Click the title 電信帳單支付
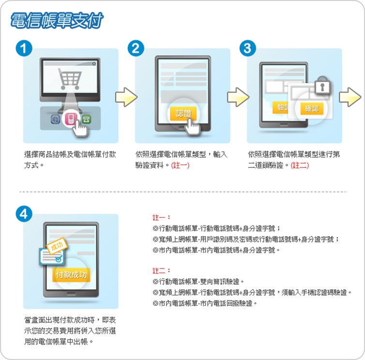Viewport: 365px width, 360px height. click(57, 20)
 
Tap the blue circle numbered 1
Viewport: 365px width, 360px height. click(24, 48)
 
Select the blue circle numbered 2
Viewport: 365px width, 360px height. click(136, 48)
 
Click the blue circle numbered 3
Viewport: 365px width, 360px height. click(248, 48)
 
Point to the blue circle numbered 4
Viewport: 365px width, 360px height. click(24, 214)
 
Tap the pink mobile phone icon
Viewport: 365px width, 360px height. click(70, 118)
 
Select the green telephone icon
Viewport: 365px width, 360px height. click(86, 120)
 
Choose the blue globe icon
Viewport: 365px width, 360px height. click(55, 120)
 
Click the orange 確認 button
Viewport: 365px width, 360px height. click(312, 108)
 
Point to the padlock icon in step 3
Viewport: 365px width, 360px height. click(322, 85)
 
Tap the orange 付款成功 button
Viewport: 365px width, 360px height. click(71, 275)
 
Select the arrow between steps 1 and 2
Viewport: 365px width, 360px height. click(126, 97)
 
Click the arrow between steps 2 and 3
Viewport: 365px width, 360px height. click(238, 97)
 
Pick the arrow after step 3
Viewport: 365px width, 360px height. click(350, 97)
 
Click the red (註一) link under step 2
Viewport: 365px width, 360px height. click(180, 165)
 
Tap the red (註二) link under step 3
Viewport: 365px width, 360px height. click(300, 165)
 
